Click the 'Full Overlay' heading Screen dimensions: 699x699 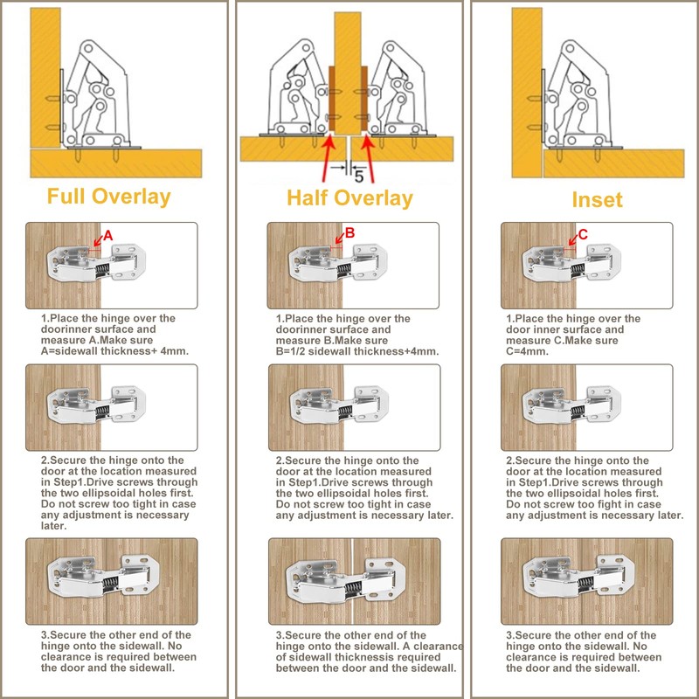coord(108,197)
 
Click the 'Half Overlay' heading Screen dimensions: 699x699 coord(349,199)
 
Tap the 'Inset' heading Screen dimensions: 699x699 coord(597,200)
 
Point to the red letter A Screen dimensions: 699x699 coord(107,236)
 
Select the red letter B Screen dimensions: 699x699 coord(350,232)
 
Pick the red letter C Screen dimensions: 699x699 coord(583,234)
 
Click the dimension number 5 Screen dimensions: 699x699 coord(359,177)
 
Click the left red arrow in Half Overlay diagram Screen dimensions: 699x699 coord(328,159)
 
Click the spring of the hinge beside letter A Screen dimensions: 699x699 coord(102,270)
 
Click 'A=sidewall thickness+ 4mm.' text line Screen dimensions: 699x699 coord(114,351)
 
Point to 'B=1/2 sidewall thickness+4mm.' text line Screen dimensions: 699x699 coord(357,351)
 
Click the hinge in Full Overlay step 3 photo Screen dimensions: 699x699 coord(103,578)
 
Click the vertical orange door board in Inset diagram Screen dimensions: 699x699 coord(527,93)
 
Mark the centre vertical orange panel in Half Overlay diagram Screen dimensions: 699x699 coord(348,73)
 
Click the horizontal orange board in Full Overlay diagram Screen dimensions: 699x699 coord(116,163)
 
